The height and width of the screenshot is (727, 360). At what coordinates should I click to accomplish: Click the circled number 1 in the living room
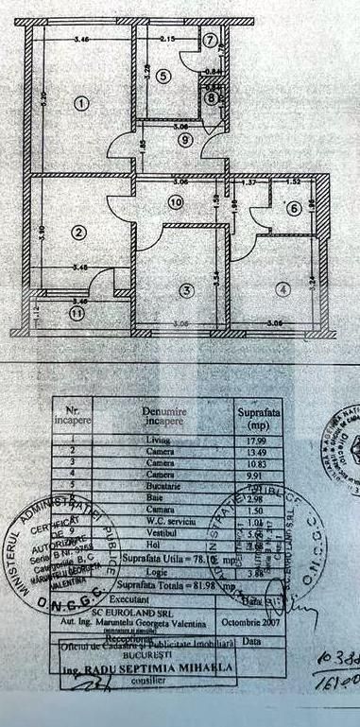83,102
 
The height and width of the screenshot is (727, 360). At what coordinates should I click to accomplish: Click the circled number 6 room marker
295,208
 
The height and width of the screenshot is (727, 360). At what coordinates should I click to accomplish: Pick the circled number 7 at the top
211,40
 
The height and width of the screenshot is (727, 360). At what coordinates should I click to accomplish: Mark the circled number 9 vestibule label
185,139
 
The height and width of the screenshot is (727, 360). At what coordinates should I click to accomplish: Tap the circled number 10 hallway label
176,200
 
